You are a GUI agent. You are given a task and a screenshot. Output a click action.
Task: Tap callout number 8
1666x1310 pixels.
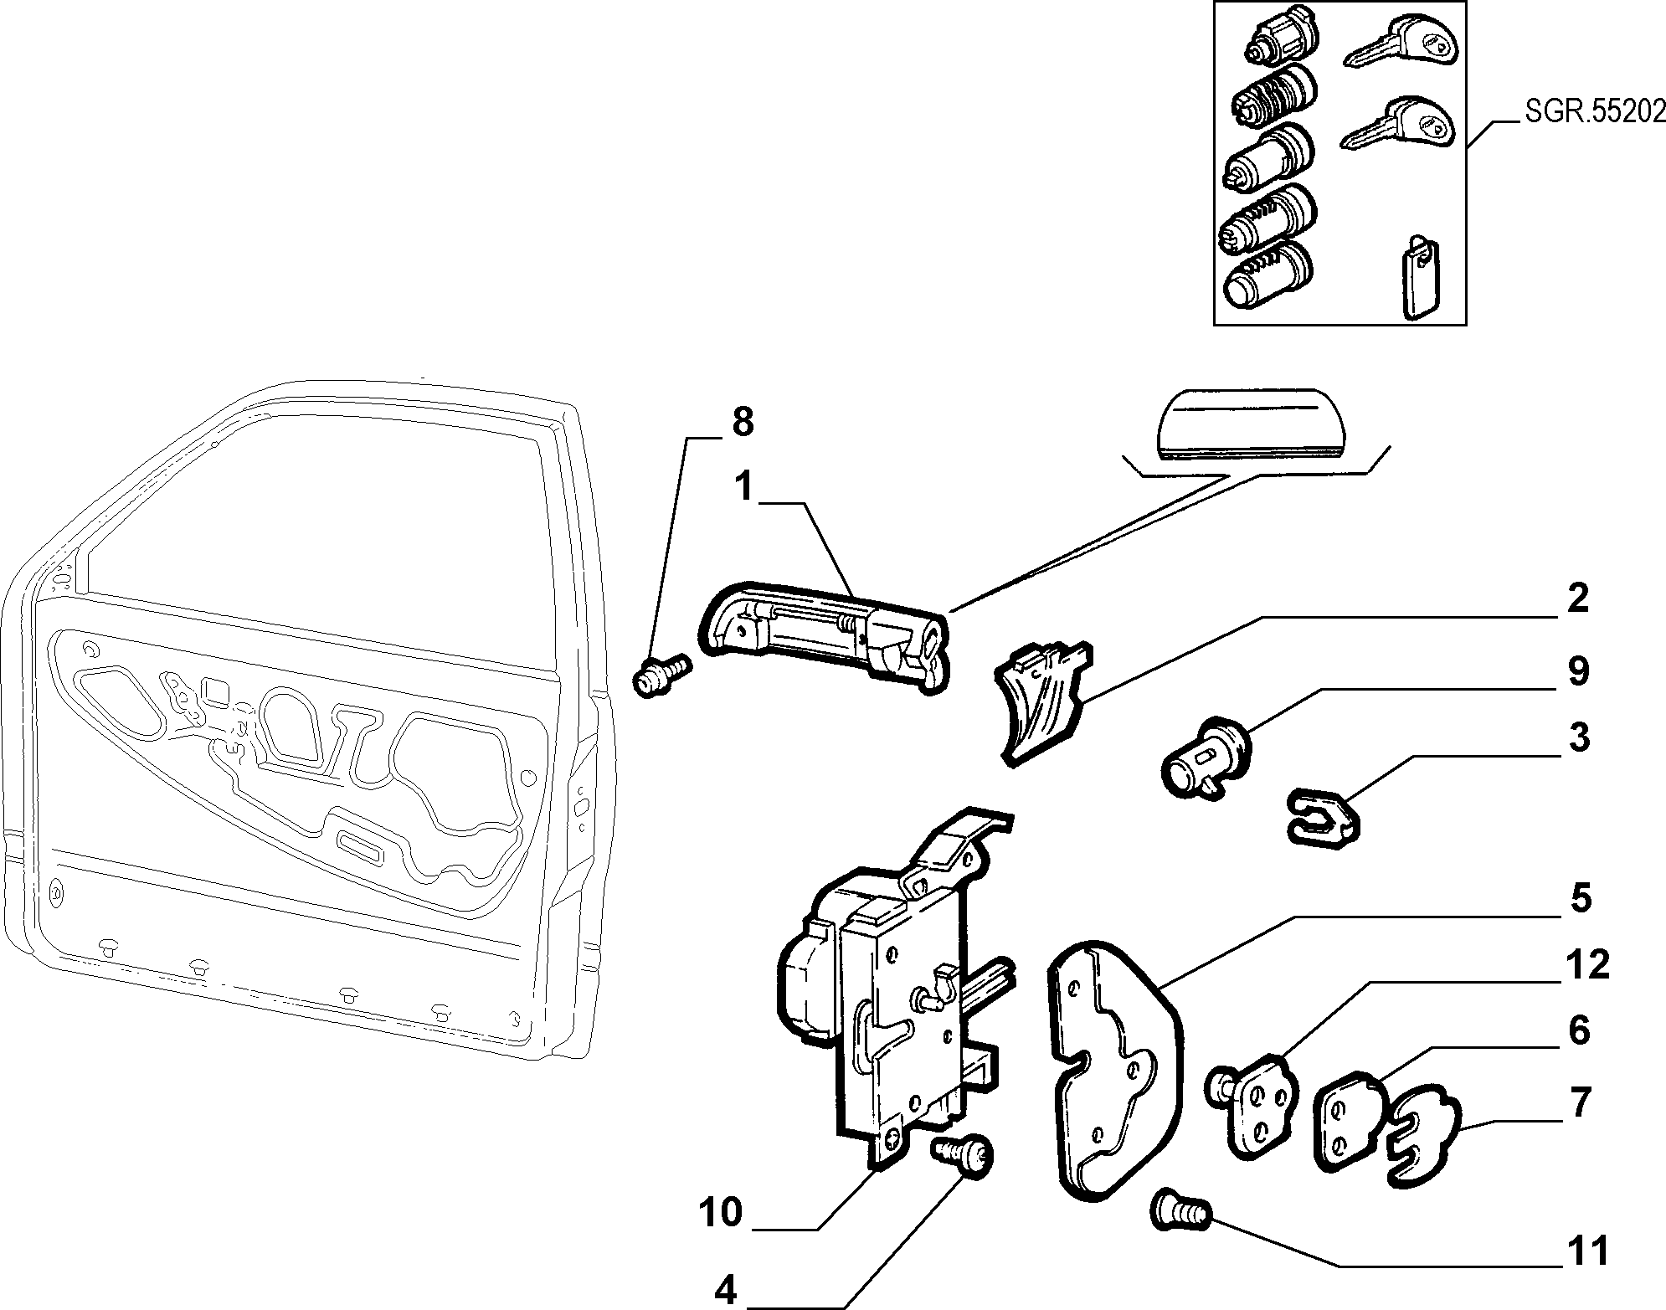[742, 422]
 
